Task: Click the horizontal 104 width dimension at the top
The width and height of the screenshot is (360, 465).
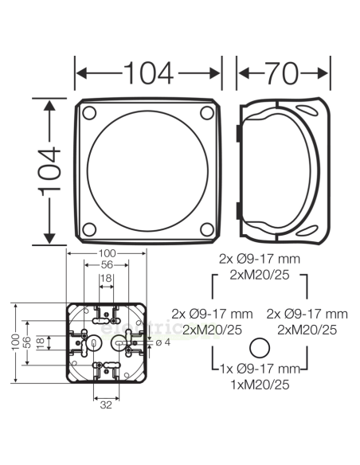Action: pyautogui.click(x=147, y=72)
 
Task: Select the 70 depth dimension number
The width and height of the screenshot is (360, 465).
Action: pyautogui.click(x=283, y=72)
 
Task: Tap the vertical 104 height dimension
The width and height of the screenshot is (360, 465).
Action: pyautogui.click(x=49, y=170)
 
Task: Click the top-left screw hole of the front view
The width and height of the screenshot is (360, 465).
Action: pyautogui.click(x=89, y=111)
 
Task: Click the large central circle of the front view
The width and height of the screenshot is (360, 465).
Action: pyautogui.click(x=148, y=170)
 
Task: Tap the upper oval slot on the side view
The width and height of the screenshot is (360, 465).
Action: pyautogui.click(x=307, y=110)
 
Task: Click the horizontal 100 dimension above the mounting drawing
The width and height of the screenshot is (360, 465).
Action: pyautogui.click(x=106, y=254)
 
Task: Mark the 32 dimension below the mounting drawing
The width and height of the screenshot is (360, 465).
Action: pyautogui.click(x=106, y=404)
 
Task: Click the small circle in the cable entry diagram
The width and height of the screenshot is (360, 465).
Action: pyautogui.click(x=258, y=348)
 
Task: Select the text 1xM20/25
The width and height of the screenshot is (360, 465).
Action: pyautogui.click(x=259, y=384)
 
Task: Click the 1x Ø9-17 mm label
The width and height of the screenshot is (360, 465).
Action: pyautogui.click(x=259, y=369)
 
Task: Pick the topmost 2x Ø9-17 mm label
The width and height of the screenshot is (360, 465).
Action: pyautogui.click(x=259, y=259)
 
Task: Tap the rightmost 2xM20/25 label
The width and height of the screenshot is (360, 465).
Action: pyautogui.click(x=307, y=329)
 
